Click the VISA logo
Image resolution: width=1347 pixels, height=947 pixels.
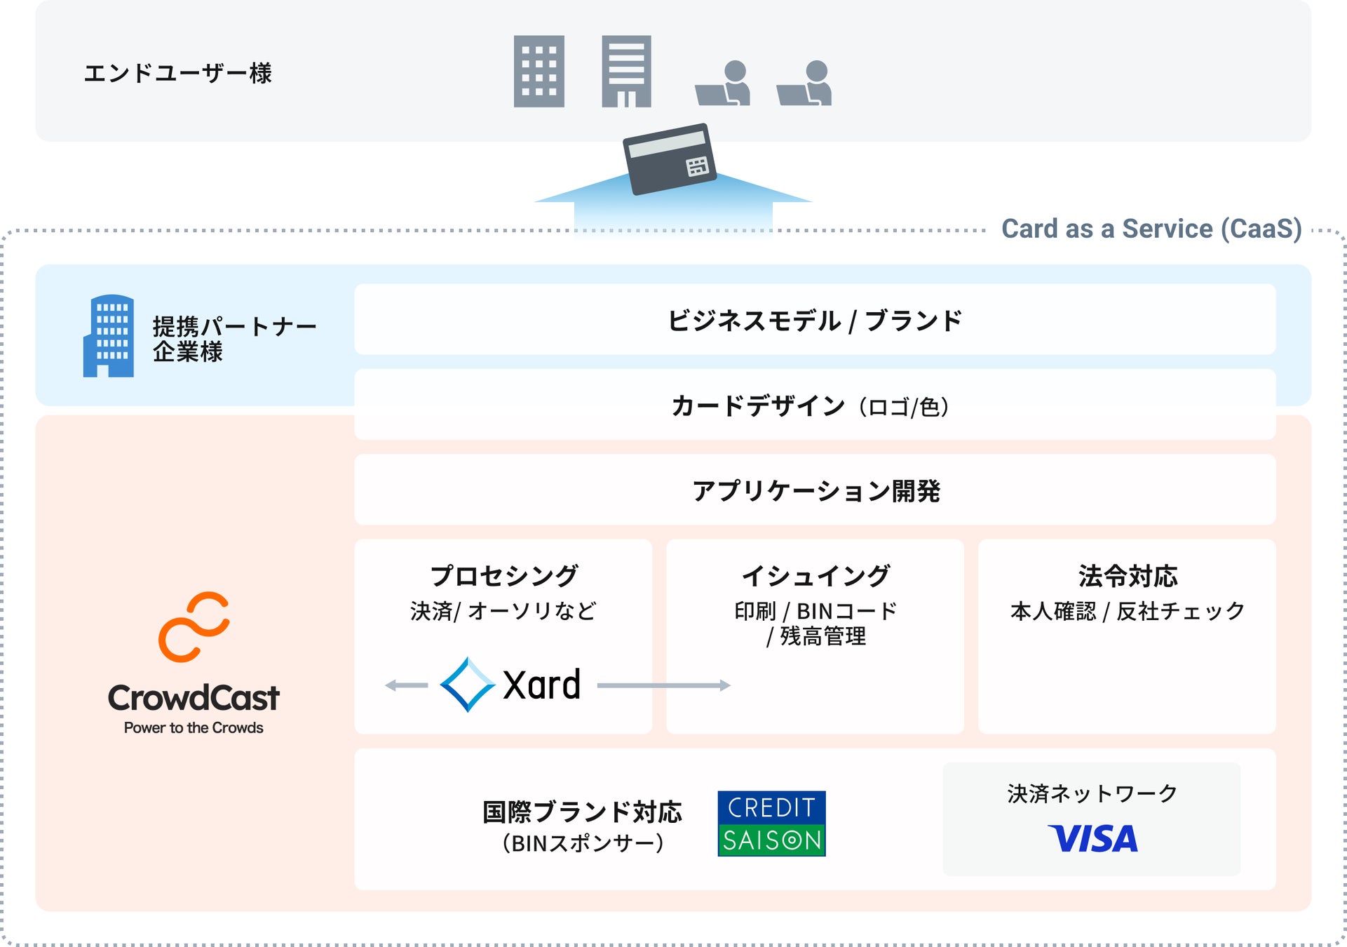click(1092, 839)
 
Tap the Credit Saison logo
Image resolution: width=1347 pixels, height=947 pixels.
click(771, 824)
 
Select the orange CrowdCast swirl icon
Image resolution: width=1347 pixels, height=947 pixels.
click(194, 626)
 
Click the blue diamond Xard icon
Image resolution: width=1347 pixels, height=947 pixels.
click(467, 685)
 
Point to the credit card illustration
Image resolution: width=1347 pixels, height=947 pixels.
click(669, 159)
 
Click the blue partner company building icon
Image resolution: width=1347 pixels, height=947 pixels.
click(109, 336)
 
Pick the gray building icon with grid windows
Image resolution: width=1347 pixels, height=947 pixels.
click(539, 72)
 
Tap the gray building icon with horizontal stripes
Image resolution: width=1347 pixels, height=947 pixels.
click(626, 72)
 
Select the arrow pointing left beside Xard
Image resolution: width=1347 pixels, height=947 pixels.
click(407, 685)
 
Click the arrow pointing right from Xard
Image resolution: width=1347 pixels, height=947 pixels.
click(663, 685)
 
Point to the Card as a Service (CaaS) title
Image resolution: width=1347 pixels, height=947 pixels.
click(1151, 229)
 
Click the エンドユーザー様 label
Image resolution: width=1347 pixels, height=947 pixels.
click(178, 73)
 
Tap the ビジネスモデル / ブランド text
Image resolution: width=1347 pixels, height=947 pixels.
click(814, 321)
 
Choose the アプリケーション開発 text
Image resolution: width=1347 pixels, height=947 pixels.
click(815, 491)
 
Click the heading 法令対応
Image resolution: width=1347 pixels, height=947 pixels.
click(1128, 576)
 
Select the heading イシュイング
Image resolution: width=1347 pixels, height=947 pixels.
click(815, 576)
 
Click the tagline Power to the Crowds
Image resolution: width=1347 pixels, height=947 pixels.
click(194, 728)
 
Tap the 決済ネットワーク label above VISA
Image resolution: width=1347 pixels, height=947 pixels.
click(1092, 793)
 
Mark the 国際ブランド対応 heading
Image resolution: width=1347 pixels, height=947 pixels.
click(582, 812)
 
